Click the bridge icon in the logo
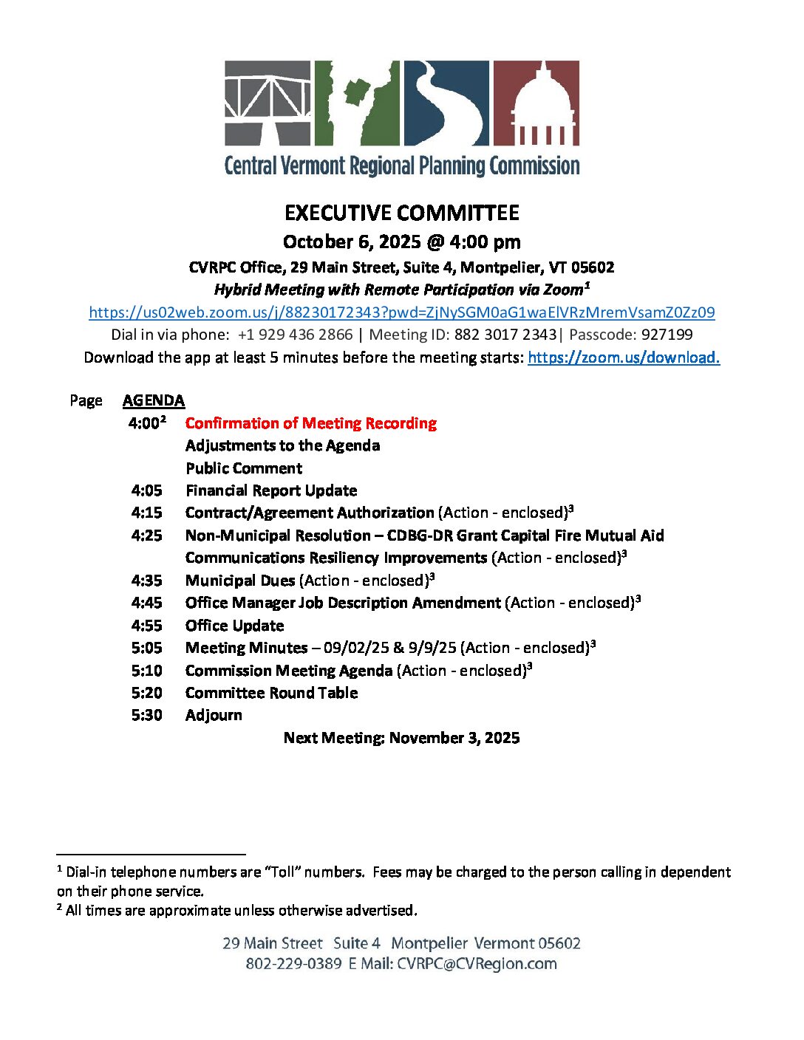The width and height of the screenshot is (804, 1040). click(x=268, y=103)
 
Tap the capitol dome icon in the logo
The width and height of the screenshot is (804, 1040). click(x=536, y=103)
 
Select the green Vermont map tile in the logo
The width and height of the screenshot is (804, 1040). click(x=357, y=103)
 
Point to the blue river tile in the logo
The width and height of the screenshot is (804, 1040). click(x=446, y=103)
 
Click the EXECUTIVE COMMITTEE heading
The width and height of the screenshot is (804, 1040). click(x=402, y=213)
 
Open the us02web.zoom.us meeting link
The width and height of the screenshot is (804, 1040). click(x=402, y=312)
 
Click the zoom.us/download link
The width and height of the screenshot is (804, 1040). click(x=624, y=357)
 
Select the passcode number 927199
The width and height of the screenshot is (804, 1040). click(x=667, y=335)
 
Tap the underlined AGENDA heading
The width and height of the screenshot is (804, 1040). click(x=154, y=400)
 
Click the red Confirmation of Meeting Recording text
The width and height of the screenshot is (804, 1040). click(x=311, y=423)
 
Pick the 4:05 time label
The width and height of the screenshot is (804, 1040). click(x=147, y=490)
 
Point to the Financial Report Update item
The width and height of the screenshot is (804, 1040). click(x=271, y=490)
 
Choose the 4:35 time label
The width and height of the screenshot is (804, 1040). click(x=147, y=581)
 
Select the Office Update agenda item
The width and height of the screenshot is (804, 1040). click(x=235, y=626)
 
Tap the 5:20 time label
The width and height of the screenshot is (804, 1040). click(x=147, y=693)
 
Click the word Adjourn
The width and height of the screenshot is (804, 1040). click(x=214, y=715)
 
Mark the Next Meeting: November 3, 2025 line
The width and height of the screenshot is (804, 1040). click(x=402, y=738)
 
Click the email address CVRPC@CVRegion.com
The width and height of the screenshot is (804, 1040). click(x=477, y=964)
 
